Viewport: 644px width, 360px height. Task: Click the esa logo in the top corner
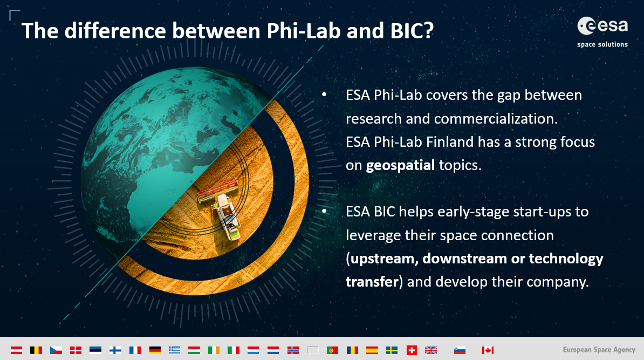602,26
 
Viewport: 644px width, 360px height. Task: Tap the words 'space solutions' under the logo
602,44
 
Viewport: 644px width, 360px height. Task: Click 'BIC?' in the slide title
412,31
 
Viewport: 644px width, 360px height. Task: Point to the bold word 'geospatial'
400,165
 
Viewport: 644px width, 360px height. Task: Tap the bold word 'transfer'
372,282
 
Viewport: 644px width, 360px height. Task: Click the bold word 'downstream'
464,259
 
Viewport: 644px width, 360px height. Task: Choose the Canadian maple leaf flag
488,350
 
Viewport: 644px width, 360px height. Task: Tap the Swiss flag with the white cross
412,350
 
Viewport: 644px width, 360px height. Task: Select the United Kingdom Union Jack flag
431,350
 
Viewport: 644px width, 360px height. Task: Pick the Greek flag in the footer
174,350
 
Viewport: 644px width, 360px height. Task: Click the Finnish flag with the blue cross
115,350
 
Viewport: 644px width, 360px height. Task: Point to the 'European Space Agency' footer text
599,350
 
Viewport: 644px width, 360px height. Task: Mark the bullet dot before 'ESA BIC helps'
325,211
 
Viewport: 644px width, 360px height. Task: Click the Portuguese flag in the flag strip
332,350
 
